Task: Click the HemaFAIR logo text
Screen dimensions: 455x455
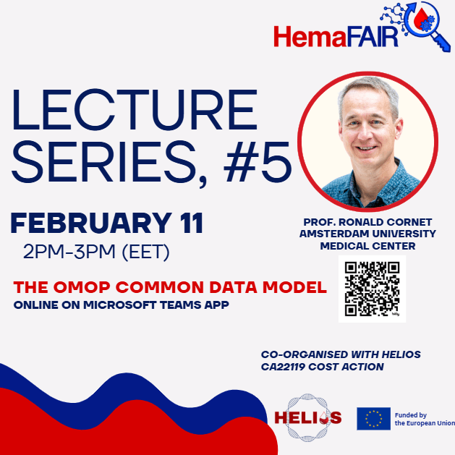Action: coord(336,37)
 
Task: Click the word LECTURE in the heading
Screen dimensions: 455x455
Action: coord(135,110)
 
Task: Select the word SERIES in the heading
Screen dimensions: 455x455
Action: coord(103,163)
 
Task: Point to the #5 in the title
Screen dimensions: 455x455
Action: coord(258,162)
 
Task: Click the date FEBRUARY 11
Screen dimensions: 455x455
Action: coord(107,223)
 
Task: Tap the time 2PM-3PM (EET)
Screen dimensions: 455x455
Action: coord(96,252)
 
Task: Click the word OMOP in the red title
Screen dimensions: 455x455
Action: coord(82,287)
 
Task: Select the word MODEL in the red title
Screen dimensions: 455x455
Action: coord(294,287)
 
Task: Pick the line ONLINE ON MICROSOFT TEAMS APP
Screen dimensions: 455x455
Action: coord(122,305)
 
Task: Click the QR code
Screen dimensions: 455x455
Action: coord(372,289)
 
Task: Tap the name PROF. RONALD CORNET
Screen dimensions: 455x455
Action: coord(367,222)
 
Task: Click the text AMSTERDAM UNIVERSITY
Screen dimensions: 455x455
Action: coord(367,234)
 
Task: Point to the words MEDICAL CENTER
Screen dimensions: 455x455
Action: coord(367,246)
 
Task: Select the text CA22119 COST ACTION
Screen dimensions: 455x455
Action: coord(323,367)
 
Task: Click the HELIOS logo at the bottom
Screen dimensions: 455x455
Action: coord(308,418)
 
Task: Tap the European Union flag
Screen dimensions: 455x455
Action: coord(373,418)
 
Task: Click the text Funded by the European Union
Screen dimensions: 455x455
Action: coord(424,419)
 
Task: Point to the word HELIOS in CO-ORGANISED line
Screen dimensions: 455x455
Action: coord(401,354)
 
